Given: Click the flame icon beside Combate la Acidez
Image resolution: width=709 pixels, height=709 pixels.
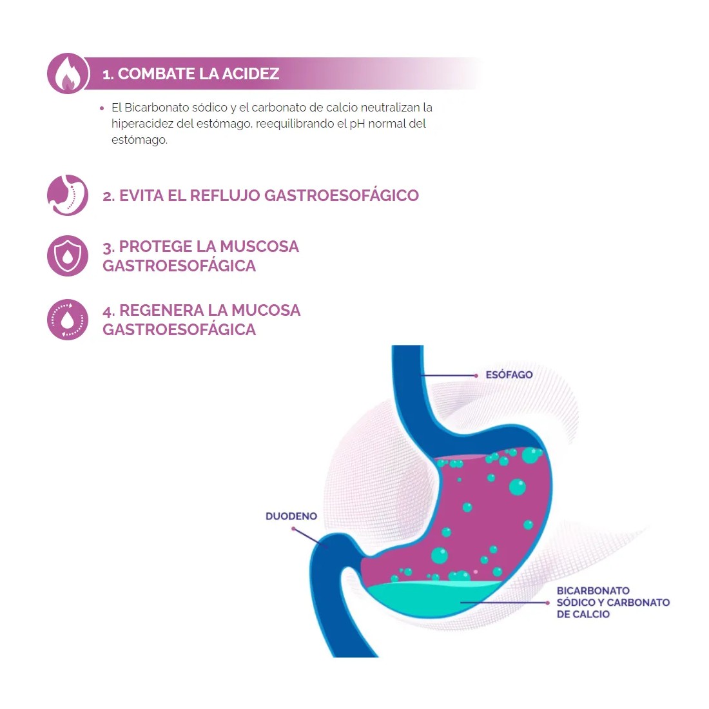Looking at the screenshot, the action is tap(68, 73).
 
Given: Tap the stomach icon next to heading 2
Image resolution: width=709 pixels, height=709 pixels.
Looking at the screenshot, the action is tap(68, 195).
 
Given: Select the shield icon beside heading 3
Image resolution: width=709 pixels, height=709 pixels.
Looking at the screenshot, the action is tap(68, 255).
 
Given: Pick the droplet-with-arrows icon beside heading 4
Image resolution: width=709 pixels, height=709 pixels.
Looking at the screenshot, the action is tap(68, 320).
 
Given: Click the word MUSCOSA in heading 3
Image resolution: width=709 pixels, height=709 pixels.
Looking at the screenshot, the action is tap(260, 246).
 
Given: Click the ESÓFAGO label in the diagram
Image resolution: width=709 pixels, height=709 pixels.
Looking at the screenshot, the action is tap(509, 375).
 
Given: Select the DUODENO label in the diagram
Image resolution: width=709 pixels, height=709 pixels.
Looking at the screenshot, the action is tap(291, 516).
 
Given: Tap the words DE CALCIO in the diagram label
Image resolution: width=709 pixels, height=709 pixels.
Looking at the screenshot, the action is tap(583, 614).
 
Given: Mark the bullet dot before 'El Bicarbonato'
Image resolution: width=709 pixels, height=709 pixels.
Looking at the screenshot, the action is tap(102, 108).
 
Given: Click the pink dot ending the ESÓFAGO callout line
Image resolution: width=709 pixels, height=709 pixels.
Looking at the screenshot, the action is tap(476, 375).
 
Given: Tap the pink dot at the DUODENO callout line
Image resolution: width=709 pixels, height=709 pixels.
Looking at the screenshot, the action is tap(293, 529).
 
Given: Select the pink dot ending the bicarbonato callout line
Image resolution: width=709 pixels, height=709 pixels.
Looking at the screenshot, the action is tap(548, 603).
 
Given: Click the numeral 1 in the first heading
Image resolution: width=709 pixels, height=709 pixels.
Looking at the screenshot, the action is tap(106, 74).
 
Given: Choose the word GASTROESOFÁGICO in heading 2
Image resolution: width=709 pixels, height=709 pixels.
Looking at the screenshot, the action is tap(342, 196).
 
